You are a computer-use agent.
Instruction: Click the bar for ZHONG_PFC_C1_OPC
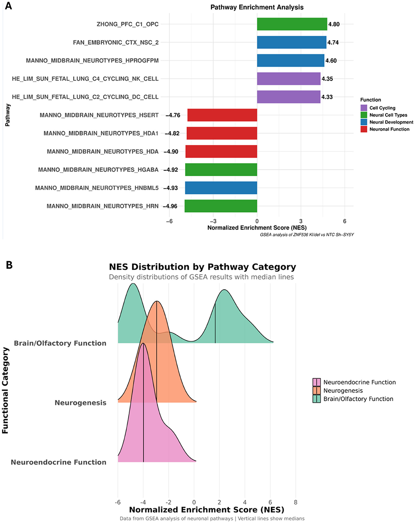[x=292, y=24]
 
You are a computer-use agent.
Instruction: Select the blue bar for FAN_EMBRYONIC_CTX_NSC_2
[x=292, y=42]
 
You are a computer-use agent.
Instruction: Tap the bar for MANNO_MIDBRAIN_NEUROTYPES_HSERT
[x=222, y=115]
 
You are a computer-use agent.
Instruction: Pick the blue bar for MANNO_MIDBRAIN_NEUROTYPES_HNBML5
[x=221, y=188]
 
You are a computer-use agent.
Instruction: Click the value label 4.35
[x=327, y=79]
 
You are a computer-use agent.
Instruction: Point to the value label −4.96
[x=170, y=206]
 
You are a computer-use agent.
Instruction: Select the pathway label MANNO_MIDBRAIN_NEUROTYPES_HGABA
[x=98, y=170]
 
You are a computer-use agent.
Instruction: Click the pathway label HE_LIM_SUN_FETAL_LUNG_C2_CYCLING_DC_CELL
[x=85, y=97]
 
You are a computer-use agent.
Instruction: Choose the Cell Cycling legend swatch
[x=364, y=108]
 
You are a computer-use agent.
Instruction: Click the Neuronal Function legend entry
[x=389, y=129]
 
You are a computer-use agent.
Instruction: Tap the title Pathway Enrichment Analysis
[x=257, y=7]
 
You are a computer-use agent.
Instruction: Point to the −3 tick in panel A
[x=213, y=221]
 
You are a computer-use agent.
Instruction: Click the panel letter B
[x=9, y=265]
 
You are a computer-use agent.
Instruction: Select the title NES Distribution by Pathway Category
[x=202, y=267]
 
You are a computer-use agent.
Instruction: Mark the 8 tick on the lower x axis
[x=295, y=502]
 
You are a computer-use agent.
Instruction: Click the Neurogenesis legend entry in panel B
[x=343, y=390]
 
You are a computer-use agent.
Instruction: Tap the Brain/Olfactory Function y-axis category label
[x=60, y=343]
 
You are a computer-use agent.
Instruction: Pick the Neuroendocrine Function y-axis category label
[x=59, y=462]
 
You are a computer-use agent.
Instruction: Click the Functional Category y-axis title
[x=5, y=390]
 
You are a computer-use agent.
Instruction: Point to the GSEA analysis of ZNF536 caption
[x=306, y=235]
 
